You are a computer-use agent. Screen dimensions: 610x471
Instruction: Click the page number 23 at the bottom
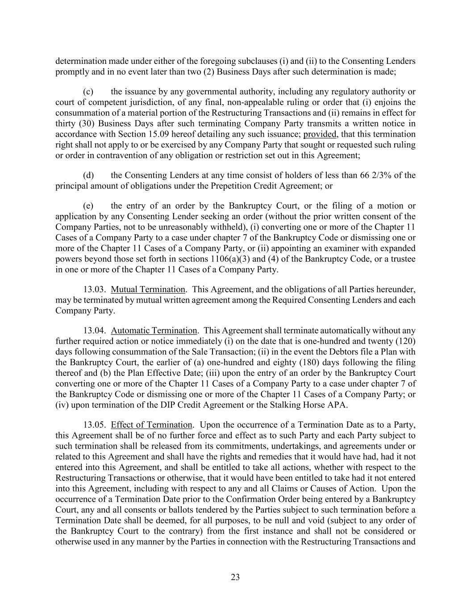click(235, 577)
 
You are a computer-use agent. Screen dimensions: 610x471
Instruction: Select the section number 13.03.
click(94, 289)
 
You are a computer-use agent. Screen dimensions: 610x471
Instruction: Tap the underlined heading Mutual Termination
click(148, 289)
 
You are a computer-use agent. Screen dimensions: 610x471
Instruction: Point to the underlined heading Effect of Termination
click(152, 425)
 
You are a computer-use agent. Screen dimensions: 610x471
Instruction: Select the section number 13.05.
click(94, 425)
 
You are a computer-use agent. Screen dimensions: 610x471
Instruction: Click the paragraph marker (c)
click(88, 92)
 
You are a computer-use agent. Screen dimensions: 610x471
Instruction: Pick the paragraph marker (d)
click(88, 175)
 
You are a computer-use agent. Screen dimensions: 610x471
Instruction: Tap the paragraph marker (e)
click(88, 206)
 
